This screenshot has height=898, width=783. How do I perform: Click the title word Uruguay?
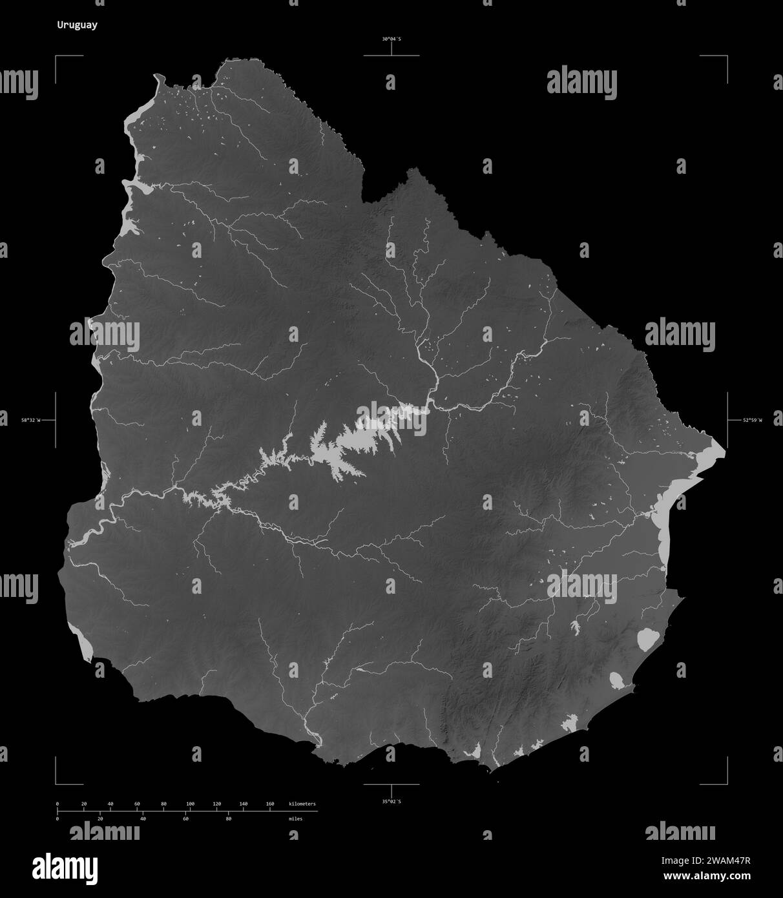tap(77, 26)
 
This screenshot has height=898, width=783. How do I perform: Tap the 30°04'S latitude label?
tap(391, 39)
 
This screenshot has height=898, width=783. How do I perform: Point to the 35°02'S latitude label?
tap(391, 802)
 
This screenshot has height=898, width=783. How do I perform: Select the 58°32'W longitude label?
tap(30, 421)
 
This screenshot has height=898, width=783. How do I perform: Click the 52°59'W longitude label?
tap(752, 421)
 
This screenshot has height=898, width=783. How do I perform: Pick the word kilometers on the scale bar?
tap(302, 804)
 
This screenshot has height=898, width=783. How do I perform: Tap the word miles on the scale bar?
tap(295, 819)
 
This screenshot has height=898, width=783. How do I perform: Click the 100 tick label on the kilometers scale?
tap(190, 804)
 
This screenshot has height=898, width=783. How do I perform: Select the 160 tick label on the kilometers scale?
tap(269, 804)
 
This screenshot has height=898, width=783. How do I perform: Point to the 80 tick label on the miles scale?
tap(228, 819)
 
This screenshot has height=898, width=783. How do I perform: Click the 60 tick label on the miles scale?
tap(185, 819)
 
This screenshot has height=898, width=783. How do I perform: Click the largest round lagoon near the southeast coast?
tap(647, 639)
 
